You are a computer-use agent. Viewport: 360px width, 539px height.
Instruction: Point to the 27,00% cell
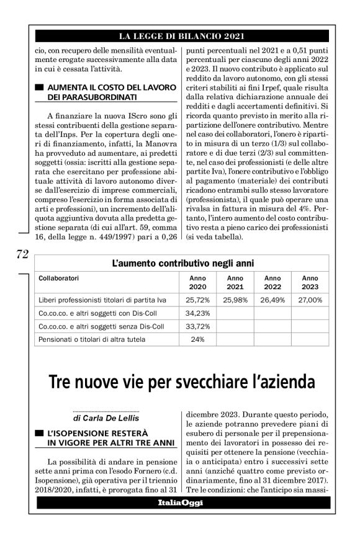click(x=310, y=300)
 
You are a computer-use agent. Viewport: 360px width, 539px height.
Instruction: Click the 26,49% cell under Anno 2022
click(x=272, y=300)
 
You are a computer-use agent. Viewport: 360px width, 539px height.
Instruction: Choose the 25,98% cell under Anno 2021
click(x=235, y=300)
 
